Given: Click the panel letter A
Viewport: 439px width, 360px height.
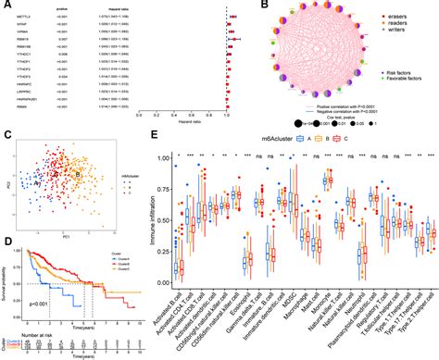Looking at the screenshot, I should tap(6, 6).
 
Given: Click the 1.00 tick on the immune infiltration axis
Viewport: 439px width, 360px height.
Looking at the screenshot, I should tap(163, 159).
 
